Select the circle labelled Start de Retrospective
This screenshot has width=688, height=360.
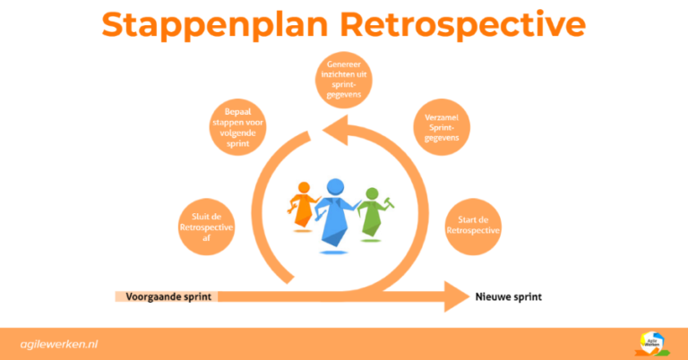(x=473, y=226)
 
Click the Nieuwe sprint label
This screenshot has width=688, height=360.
(x=509, y=296)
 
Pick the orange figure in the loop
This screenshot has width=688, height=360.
(x=303, y=207)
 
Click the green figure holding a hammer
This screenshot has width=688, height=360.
(x=372, y=215)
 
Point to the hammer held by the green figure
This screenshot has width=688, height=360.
(x=391, y=202)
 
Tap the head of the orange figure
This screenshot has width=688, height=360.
(x=304, y=188)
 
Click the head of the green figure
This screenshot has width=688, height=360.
(x=370, y=194)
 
